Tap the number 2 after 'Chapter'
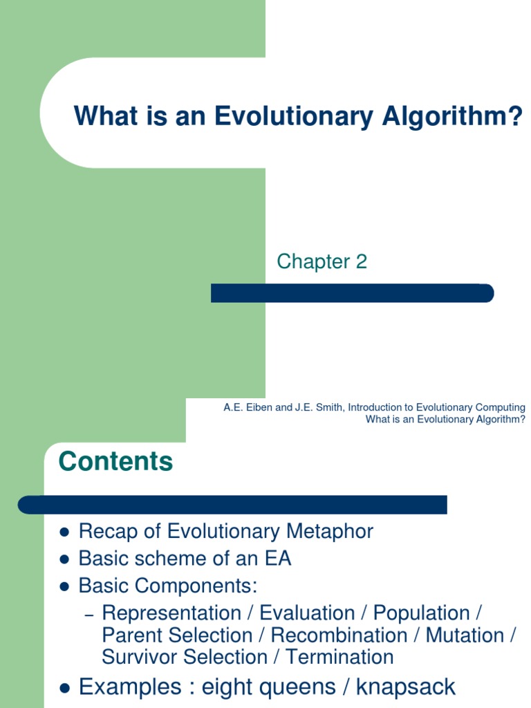[x=362, y=261]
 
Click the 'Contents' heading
[x=115, y=461]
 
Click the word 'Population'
[x=421, y=613]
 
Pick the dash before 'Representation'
[x=88, y=615]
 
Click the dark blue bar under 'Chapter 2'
[x=352, y=293]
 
